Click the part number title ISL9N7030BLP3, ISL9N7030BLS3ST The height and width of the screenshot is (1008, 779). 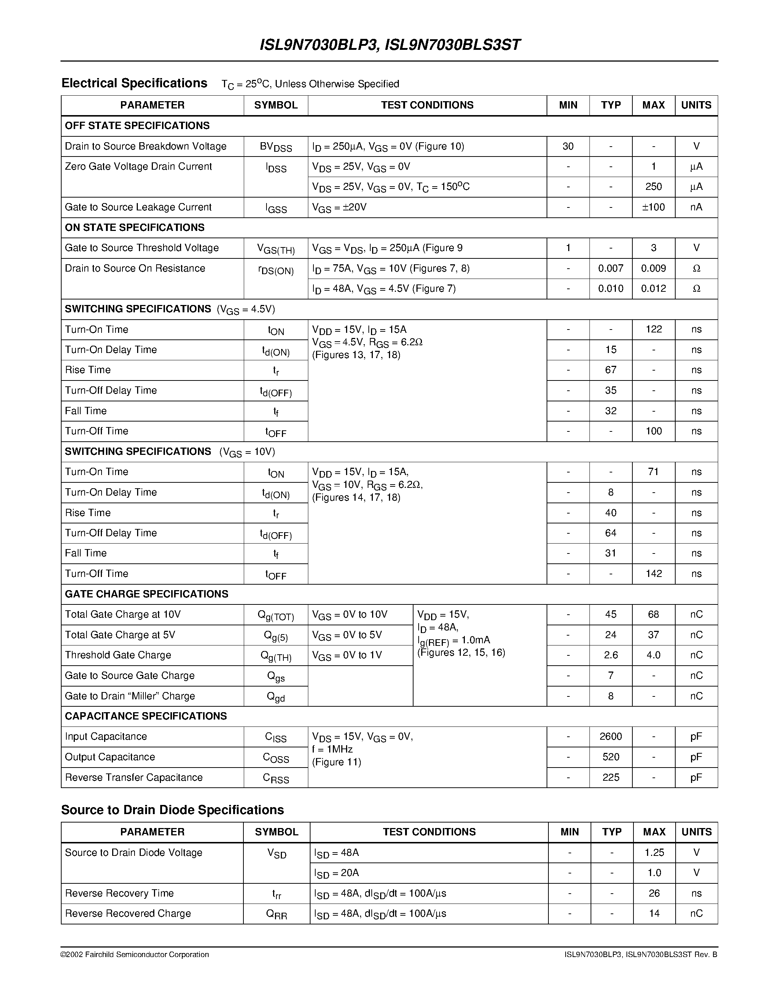[390, 45]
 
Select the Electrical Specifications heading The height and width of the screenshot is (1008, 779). [134, 83]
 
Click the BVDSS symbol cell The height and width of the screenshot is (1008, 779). [276, 147]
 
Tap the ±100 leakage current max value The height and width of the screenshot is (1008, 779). [654, 207]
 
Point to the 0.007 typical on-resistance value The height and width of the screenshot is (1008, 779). [611, 268]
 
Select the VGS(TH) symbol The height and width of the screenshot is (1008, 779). [276, 249]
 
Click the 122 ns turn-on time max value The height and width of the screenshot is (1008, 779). [654, 329]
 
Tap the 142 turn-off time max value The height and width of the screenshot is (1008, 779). [654, 573]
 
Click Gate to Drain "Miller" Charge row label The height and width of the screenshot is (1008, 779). [130, 696]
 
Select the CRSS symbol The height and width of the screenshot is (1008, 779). [276, 778]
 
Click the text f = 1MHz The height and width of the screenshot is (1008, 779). [332, 749]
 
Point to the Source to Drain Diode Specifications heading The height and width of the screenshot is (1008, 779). [172, 810]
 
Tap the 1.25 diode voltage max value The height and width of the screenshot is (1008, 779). [654, 853]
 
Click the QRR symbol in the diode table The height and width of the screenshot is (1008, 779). [276, 914]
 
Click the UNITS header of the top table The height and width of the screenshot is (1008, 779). [696, 105]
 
